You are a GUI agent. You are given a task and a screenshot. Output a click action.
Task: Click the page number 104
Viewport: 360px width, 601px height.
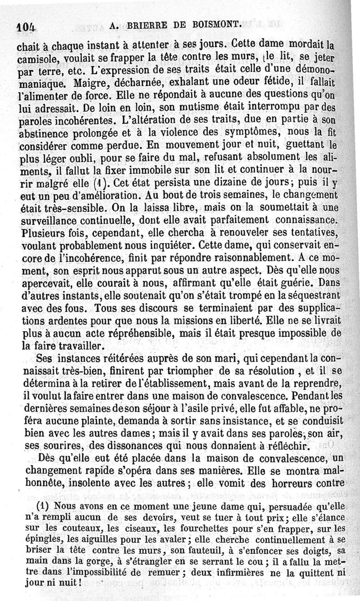tap(26, 27)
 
